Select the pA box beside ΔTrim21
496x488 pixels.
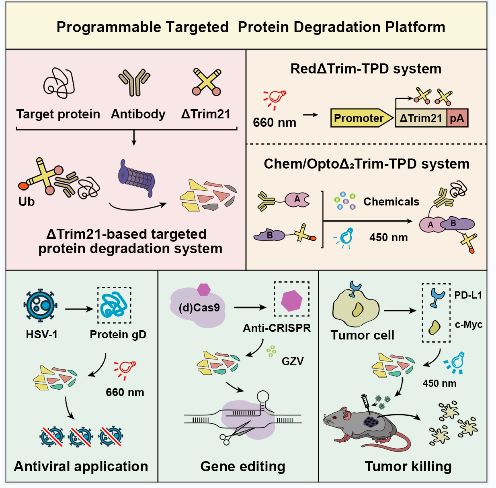[457, 118]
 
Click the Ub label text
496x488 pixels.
[27, 201]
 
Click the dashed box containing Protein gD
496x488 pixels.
[115, 305]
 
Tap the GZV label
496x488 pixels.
[292, 361]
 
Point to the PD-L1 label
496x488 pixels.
[468, 295]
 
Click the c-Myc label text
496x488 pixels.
[468, 324]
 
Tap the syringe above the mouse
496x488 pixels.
[365, 402]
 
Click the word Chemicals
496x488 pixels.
[391, 201]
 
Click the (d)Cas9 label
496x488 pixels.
[199, 308]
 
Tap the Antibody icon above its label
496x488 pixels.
[134, 82]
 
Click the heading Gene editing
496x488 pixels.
[243, 466]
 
